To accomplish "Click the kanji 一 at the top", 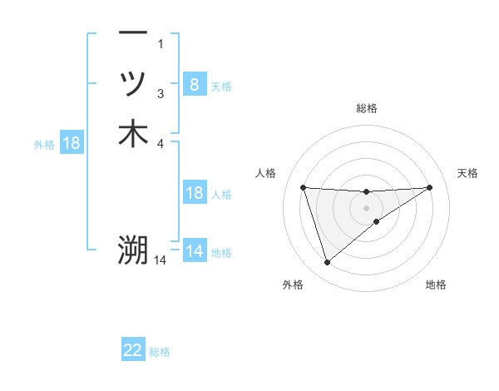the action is point(133,32).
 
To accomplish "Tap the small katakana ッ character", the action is point(133,83).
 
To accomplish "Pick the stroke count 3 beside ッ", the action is point(161,94).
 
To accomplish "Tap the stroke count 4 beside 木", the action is point(161,144).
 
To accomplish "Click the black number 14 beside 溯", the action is point(161,260).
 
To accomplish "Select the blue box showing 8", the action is point(194,84).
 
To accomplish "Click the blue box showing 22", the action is point(133,350).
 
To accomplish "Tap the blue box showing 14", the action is point(194,250).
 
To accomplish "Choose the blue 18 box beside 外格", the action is point(72,143).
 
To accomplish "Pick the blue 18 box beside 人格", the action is point(194,193).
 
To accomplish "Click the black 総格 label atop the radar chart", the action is point(367,108).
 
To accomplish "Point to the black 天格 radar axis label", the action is point(467,173).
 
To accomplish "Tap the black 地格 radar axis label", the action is point(436,285).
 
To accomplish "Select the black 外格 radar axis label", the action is point(293,285).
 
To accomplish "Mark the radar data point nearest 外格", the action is point(327,263).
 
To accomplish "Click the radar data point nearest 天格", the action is point(430,187).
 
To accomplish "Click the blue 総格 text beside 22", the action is point(160,352).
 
